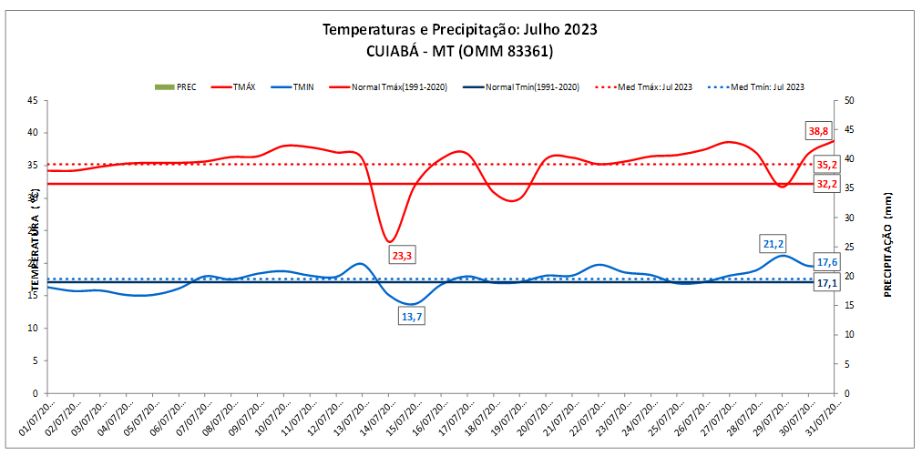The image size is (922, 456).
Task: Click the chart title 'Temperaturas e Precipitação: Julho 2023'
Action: [x=460, y=29]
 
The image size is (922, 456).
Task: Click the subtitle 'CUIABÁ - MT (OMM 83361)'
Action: [x=460, y=51]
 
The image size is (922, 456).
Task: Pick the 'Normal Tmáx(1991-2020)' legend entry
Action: [x=398, y=87]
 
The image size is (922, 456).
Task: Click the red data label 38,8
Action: [x=824, y=130]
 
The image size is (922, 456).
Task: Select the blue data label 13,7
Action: [x=412, y=317]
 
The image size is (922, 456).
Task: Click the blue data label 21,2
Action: [x=773, y=244]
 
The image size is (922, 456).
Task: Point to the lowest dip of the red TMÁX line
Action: [x=390, y=241]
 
